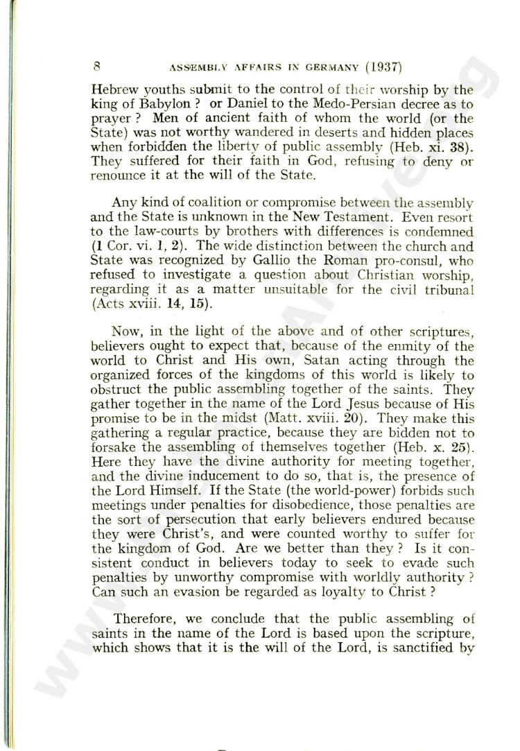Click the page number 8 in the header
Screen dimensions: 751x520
97,67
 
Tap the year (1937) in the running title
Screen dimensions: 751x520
383,68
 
